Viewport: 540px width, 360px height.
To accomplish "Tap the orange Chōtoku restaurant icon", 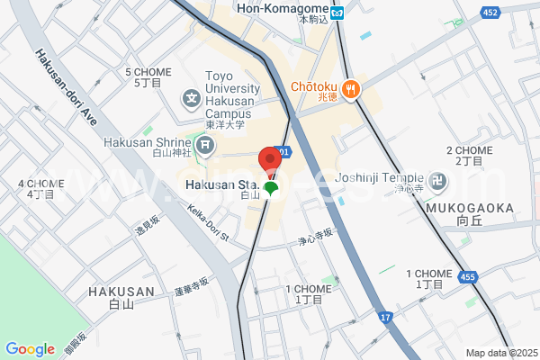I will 351,88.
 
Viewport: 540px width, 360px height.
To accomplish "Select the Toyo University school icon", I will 192,98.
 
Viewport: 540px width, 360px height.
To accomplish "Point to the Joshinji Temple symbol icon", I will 439,179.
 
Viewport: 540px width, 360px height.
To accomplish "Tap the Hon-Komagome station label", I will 281,8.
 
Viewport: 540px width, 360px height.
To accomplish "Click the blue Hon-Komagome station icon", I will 337,13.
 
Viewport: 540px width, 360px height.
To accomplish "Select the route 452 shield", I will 490,13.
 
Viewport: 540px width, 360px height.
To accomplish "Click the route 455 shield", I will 466,277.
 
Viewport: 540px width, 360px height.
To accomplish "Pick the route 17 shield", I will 385,317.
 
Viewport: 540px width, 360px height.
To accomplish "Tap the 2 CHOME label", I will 470,150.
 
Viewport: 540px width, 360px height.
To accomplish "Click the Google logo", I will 30,349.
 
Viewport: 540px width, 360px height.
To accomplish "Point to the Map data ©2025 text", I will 501,353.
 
